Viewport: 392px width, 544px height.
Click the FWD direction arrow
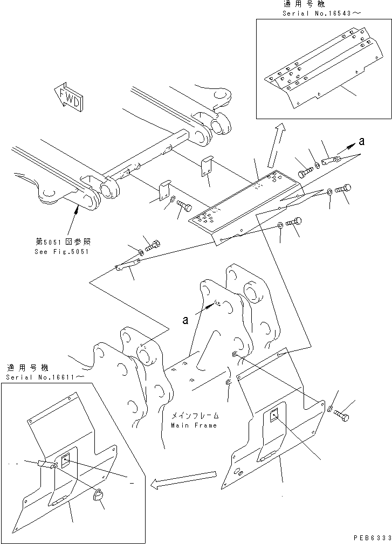click(68, 97)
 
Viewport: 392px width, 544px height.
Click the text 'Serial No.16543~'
click(321, 13)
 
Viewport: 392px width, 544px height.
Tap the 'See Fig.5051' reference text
click(62, 252)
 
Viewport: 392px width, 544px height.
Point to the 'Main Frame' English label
click(194, 425)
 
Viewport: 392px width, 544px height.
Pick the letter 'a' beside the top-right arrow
click(362, 141)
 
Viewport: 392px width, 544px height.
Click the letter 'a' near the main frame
click(185, 320)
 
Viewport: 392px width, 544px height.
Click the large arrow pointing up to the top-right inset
click(276, 146)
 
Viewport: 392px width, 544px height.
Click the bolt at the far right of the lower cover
click(341, 415)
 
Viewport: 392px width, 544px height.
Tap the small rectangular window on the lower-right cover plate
click(273, 415)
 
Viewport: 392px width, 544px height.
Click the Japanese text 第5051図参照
click(63, 241)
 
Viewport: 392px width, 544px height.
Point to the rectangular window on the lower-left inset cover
click(66, 461)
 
